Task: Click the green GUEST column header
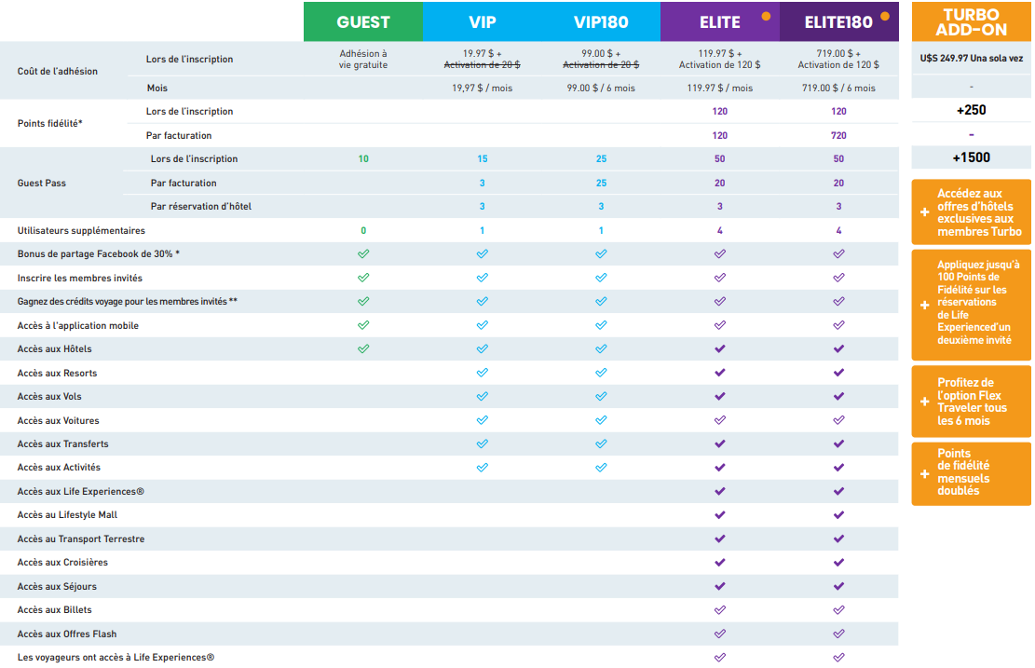[363, 21]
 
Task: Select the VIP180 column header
[601, 21]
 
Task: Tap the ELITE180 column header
[838, 21]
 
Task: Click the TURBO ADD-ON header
[971, 22]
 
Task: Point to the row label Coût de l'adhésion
[58, 72]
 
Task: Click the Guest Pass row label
[41, 184]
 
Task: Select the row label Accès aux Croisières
[62, 563]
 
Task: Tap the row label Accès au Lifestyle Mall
[67, 515]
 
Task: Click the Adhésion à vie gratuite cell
[363, 60]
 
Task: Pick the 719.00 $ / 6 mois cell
[838, 89]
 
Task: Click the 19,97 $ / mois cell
[482, 89]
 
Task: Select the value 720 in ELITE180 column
[838, 136]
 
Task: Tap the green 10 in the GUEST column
[363, 159]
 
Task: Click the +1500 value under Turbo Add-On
[971, 157]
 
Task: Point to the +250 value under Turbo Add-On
[971, 110]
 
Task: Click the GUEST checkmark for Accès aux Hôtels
[363, 349]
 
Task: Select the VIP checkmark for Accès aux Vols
[482, 397]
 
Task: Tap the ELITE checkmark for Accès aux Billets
[719, 610]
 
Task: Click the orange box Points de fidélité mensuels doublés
[971, 473]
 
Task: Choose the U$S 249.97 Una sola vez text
[971, 58]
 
